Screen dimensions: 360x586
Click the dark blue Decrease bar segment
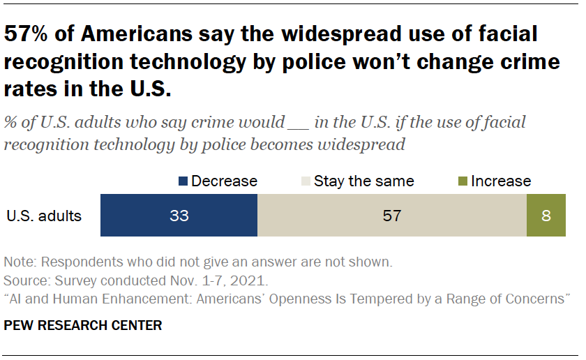click(140, 216)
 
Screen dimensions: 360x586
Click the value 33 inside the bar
click(179, 216)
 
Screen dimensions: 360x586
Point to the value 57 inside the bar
click(392, 216)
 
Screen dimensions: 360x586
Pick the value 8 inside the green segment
click(546, 216)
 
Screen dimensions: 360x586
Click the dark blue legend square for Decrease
click(183, 181)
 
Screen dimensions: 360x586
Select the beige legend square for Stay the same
click(306, 181)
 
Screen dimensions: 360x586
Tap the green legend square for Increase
click(463, 181)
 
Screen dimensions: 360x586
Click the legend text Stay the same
click(363, 181)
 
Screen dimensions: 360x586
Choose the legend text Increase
click(501, 181)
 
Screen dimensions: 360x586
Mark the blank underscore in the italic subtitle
click(297, 123)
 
